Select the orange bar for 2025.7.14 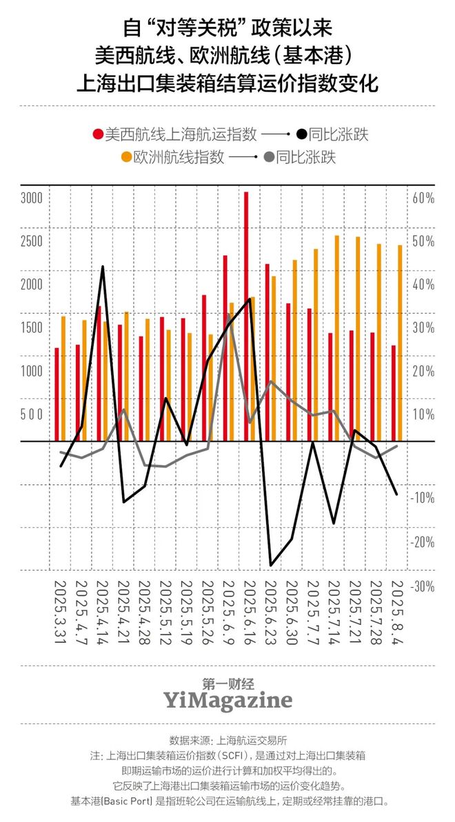point(337,338)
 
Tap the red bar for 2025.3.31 point(57,394)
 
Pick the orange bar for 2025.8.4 point(400,342)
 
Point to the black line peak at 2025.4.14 point(103,267)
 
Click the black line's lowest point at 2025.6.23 point(271,565)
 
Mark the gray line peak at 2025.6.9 point(230,318)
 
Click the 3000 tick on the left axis point(32,198)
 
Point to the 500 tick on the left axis point(32,414)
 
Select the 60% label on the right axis point(423,198)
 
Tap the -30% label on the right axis point(423,586)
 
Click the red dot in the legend point(99,134)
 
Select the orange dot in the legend point(126,157)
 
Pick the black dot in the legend point(301,134)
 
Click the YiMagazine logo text point(228,701)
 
